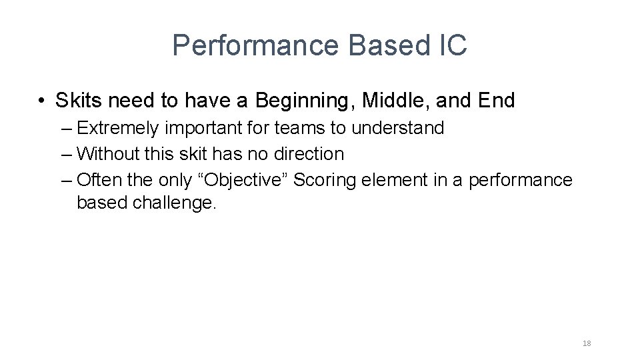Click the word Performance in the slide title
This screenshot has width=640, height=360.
pyautogui.click(x=256, y=46)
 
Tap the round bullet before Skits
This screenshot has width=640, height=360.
pyautogui.click(x=41, y=101)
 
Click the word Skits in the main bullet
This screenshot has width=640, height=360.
pyautogui.click(x=79, y=101)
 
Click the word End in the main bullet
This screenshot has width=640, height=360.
pyautogui.click(x=497, y=101)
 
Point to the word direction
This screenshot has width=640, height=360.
pyautogui.click(x=307, y=154)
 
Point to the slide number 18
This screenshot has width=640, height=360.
pyautogui.click(x=587, y=344)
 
